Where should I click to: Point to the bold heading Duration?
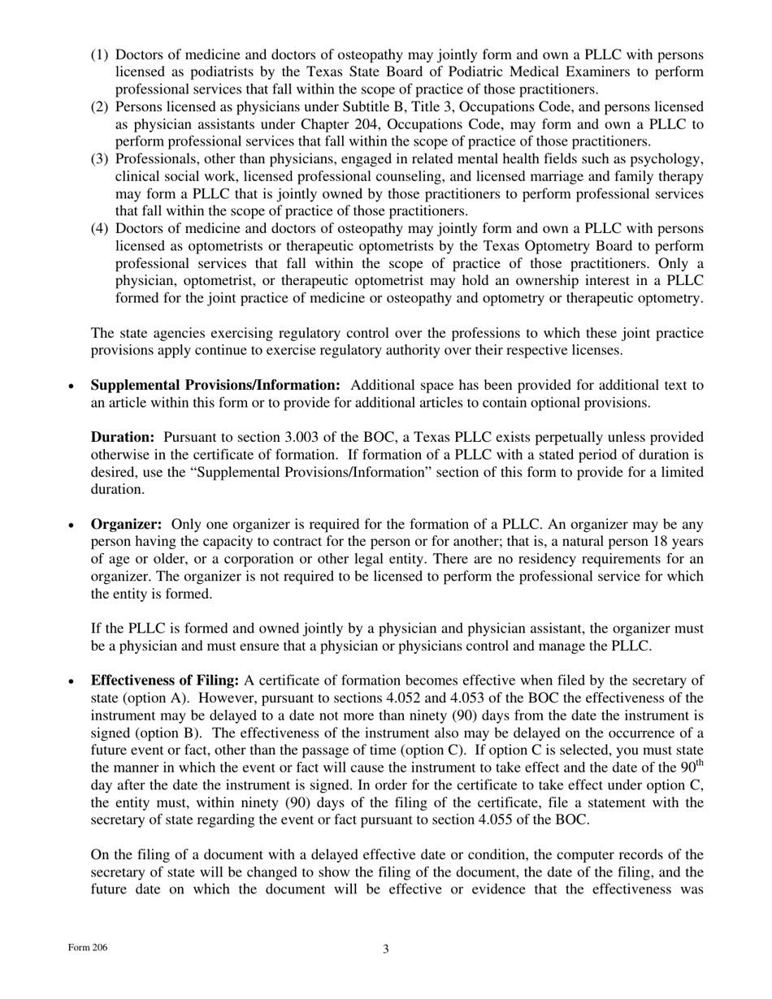[122, 437]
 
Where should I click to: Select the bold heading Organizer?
[126, 525]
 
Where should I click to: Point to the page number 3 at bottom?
[386, 949]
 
